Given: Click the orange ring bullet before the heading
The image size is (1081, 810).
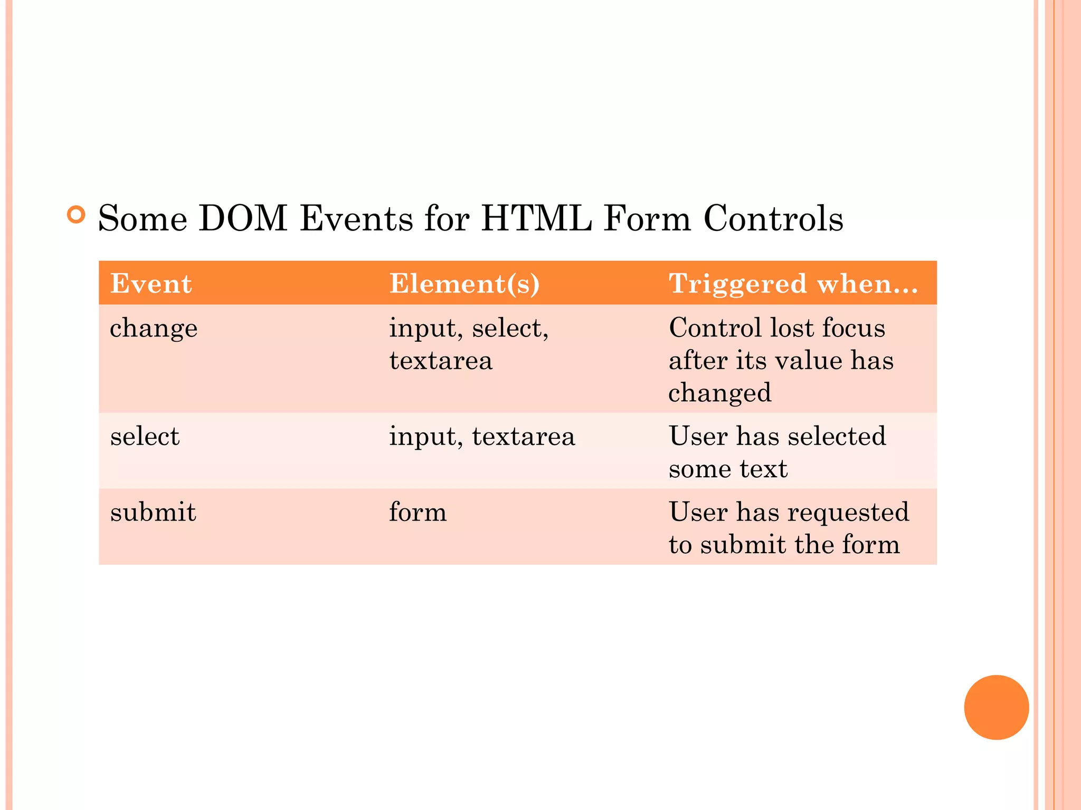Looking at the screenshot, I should [77, 215].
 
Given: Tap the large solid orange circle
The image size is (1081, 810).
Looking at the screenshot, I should [996, 707].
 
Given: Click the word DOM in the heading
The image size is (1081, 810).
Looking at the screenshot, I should [243, 218].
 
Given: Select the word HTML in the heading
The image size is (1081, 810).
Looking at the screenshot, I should [536, 218].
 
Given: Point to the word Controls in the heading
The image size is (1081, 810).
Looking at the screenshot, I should [773, 218].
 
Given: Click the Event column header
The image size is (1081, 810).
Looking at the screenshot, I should [151, 284].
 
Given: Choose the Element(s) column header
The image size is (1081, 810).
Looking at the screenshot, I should [464, 284].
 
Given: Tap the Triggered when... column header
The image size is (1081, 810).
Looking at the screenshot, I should [793, 284].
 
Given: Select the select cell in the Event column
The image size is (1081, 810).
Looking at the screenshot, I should [145, 437].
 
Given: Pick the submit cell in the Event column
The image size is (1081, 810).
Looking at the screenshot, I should [153, 512].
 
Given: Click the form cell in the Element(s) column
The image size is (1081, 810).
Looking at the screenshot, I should [418, 512].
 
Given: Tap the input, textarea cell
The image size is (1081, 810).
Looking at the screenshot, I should [482, 437].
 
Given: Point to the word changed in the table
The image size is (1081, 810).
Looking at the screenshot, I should [720, 393].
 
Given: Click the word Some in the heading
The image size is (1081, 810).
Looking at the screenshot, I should [143, 218].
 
